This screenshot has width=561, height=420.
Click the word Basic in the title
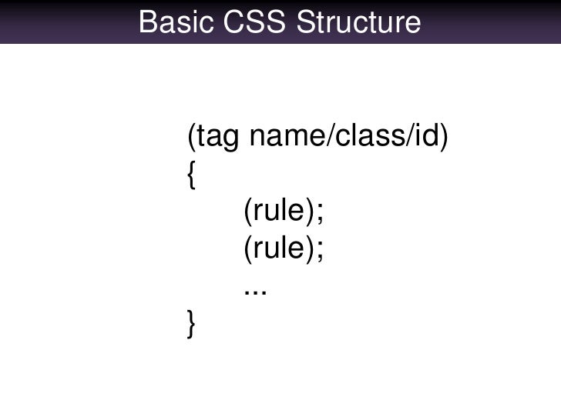point(170,22)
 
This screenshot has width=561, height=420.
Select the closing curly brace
point(191,325)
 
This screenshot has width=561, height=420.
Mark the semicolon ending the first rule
point(318,215)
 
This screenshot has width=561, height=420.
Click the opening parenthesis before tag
point(192,139)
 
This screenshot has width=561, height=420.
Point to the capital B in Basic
point(149,22)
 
